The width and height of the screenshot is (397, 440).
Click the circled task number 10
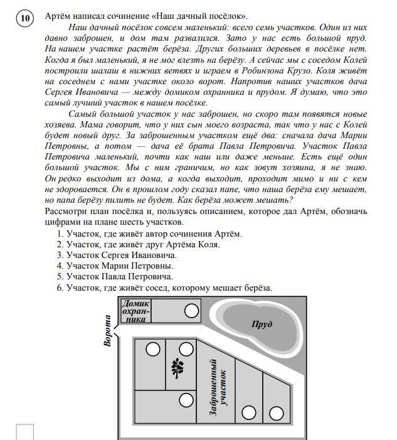(25, 18)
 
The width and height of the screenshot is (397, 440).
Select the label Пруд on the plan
(262, 325)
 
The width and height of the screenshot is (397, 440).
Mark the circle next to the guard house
(191, 310)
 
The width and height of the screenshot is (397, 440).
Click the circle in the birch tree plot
(186, 350)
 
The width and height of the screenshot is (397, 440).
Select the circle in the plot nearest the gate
(153, 350)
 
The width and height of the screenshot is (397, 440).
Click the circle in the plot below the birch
(186, 400)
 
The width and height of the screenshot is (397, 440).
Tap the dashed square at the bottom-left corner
(24, 432)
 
